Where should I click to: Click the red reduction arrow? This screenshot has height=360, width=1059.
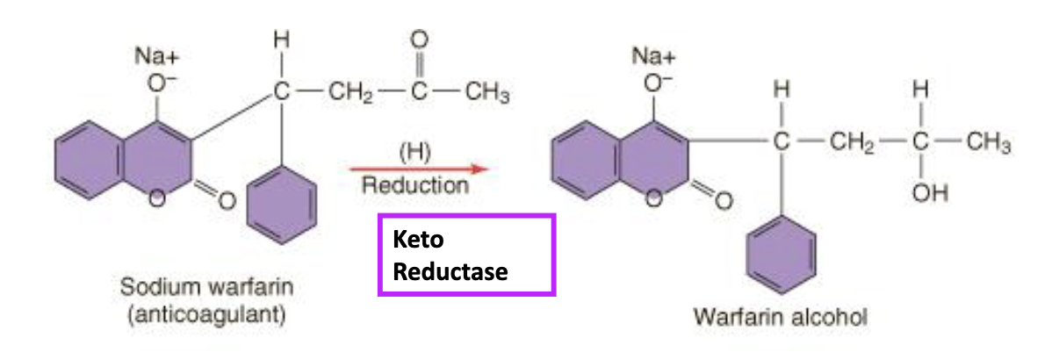tap(417, 167)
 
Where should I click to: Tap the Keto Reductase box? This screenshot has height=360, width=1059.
tap(465, 254)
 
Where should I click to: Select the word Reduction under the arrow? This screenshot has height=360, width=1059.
tap(415, 185)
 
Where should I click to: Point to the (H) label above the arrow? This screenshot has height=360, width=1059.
tap(414, 150)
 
